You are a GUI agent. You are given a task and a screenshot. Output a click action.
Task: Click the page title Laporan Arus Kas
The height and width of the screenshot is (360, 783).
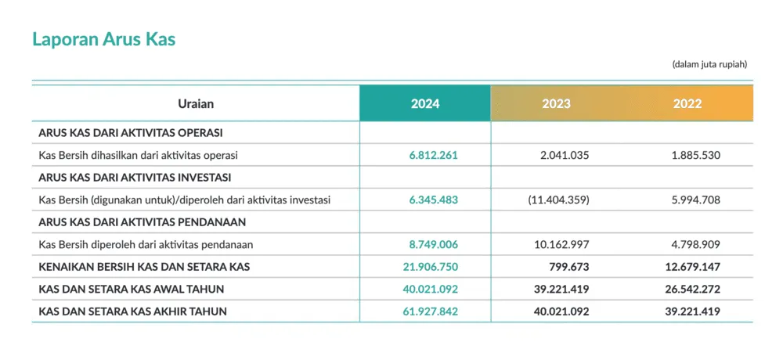coord(104,39)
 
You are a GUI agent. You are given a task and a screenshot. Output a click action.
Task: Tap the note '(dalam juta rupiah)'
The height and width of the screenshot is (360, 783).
coord(709,64)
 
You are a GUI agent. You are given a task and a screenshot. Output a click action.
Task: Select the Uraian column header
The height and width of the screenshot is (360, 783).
coord(196,104)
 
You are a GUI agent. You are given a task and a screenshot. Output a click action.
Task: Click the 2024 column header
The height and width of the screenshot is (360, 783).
coord(425,104)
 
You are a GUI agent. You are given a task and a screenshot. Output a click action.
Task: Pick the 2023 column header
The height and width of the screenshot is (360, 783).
coord(556,104)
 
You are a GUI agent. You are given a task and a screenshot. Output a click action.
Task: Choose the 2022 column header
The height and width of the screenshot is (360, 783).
coord(687,104)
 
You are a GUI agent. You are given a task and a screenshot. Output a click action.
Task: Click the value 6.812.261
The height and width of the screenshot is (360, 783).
coord(434,155)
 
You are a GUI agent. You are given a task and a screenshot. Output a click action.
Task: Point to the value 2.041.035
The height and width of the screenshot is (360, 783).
coord(565,155)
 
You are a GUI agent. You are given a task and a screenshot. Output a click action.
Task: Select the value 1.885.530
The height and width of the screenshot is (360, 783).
coord(696,155)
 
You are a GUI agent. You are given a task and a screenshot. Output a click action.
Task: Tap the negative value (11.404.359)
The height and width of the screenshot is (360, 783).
coord(558,200)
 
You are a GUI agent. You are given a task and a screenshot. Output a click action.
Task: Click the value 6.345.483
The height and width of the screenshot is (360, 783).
coord(434,200)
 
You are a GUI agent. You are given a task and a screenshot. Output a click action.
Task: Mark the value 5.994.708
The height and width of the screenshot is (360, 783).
coord(696,200)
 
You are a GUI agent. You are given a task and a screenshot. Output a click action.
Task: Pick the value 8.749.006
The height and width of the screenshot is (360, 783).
coord(434,245)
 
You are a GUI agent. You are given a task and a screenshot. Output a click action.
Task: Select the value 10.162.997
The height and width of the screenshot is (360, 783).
coord(561,245)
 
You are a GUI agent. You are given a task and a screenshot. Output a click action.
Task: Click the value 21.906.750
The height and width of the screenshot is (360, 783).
coord(431,267)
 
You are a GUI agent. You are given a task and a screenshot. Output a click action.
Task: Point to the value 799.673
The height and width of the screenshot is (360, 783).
coord(570,267)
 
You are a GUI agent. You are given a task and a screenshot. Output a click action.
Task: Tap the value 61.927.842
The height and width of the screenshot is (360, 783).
coord(431,312)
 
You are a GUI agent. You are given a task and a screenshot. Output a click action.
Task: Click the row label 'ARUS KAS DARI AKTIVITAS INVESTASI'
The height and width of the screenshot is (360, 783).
coord(135,178)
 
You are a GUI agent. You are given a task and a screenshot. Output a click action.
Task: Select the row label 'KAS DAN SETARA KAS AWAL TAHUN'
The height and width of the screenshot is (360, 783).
coord(132,290)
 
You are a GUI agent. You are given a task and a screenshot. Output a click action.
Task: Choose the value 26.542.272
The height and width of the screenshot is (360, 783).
coord(693,290)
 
